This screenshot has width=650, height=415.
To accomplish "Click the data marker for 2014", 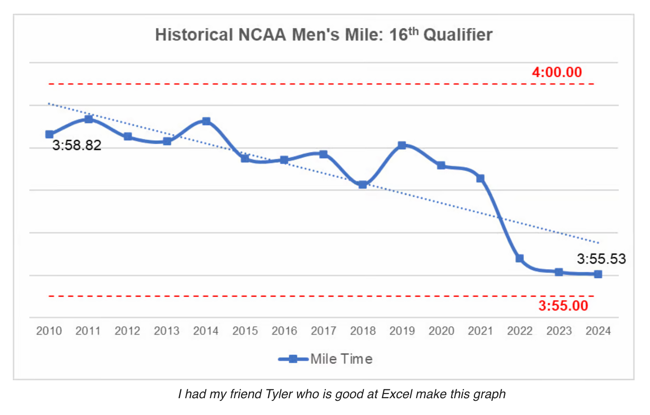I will [x=206, y=121].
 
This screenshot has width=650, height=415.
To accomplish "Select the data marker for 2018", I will [x=363, y=184].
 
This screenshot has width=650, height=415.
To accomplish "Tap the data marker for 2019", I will [x=402, y=145].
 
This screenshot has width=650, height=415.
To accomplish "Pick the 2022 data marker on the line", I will [x=519, y=258].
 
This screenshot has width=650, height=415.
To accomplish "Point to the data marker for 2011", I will [x=88, y=119].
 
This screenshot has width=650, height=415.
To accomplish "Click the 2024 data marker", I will [x=598, y=274].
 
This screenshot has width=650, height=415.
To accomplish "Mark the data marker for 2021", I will [x=481, y=178].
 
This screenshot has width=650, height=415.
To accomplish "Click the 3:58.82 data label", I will [x=76, y=145].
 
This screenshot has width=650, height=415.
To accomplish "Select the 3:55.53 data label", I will [x=601, y=259].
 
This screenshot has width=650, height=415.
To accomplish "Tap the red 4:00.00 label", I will [x=557, y=72].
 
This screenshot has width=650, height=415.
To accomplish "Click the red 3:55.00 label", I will [x=563, y=306].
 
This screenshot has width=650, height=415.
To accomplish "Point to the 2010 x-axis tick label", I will [x=49, y=331].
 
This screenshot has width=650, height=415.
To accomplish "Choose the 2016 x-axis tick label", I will [x=284, y=331].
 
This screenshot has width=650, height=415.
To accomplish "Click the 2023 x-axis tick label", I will [x=559, y=331].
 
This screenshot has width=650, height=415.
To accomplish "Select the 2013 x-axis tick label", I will [x=167, y=331].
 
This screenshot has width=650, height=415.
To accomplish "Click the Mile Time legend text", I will [x=341, y=359].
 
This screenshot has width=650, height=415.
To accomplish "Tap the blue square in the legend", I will [x=293, y=359].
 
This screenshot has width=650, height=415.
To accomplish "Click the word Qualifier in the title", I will [x=458, y=35].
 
